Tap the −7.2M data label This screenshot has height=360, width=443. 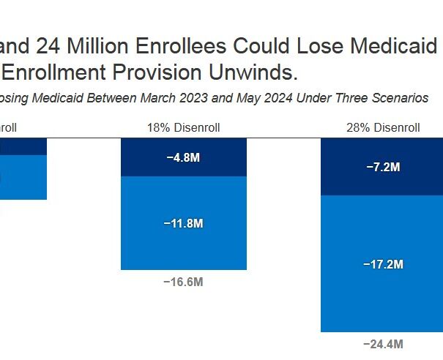(383, 167)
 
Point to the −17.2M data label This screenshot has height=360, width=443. (383, 263)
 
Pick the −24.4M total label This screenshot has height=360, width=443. (383, 344)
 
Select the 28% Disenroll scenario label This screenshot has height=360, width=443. (383, 128)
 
